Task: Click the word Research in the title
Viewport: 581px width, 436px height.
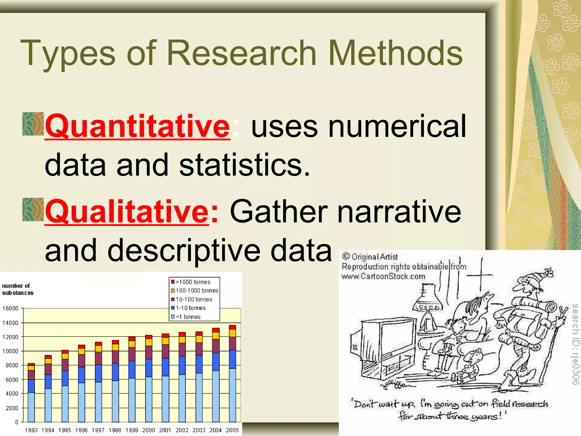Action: (x=241, y=53)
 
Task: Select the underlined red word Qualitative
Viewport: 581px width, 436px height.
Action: (x=127, y=211)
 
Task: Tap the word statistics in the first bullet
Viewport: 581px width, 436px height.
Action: (x=244, y=165)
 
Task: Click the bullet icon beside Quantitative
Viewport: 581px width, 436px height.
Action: (x=33, y=124)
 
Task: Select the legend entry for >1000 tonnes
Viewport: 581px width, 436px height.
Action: (x=193, y=282)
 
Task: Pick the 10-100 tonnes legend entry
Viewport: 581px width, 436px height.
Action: (x=194, y=299)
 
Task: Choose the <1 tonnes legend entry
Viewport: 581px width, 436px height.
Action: (x=188, y=317)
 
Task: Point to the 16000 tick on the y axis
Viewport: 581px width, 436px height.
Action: (x=10, y=309)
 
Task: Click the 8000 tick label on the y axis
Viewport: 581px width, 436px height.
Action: (x=12, y=365)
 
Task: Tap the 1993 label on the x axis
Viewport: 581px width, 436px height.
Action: (x=31, y=430)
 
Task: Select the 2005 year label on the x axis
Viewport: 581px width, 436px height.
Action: (x=232, y=430)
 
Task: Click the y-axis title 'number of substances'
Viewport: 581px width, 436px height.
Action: (x=18, y=289)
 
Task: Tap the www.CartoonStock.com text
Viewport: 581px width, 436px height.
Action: (x=383, y=276)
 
